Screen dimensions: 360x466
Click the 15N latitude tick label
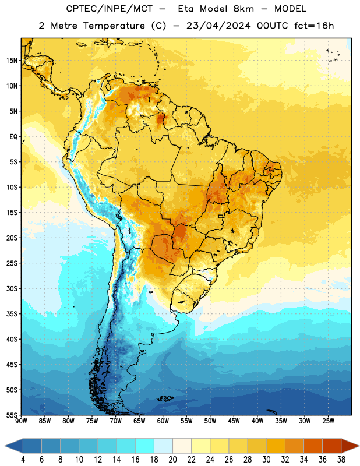tap(12, 61)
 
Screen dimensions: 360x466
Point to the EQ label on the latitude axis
tap(13, 137)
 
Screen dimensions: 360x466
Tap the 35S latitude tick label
tap(12, 314)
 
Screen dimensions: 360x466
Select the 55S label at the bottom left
tap(12, 415)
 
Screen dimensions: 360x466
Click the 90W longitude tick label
tap(21, 421)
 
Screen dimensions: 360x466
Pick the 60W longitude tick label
tap(163, 421)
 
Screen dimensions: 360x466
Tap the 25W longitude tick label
tap(328, 421)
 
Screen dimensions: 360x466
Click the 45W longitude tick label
tap(234, 421)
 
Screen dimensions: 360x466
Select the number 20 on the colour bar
tap(172, 460)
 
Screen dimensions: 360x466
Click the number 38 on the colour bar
tap(341, 460)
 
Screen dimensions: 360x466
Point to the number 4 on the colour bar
tap(23, 460)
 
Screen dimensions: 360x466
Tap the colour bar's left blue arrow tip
tap(5, 446)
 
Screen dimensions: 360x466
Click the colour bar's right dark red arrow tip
tap(359, 446)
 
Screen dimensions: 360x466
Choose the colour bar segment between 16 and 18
tap(144, 446)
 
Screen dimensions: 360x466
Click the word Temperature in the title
tap(114, 26)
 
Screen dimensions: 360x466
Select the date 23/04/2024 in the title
tap(218, 26)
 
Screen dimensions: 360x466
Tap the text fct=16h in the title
tap(314, 26)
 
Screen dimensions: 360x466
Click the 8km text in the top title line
tap(243, 9)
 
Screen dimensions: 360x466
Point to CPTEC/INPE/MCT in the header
tap(110, 9)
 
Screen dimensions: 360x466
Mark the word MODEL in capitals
tap(290, 9)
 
